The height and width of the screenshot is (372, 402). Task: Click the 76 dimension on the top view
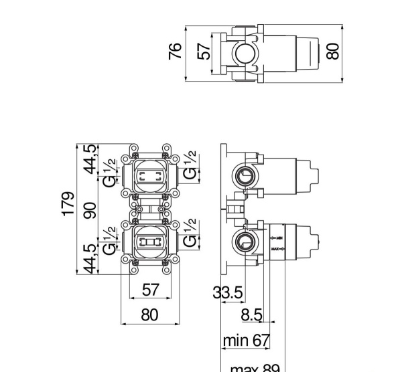pos(176,51)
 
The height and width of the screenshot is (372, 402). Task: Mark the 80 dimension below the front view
pos(150,314)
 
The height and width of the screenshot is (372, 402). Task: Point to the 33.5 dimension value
pos(228,292)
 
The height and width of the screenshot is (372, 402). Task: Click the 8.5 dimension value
pos(251,315)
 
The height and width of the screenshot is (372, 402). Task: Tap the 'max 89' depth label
pos(255,367)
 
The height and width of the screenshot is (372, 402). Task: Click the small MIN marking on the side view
pos(277,238)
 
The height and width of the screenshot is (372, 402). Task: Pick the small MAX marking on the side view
pos(277,250)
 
